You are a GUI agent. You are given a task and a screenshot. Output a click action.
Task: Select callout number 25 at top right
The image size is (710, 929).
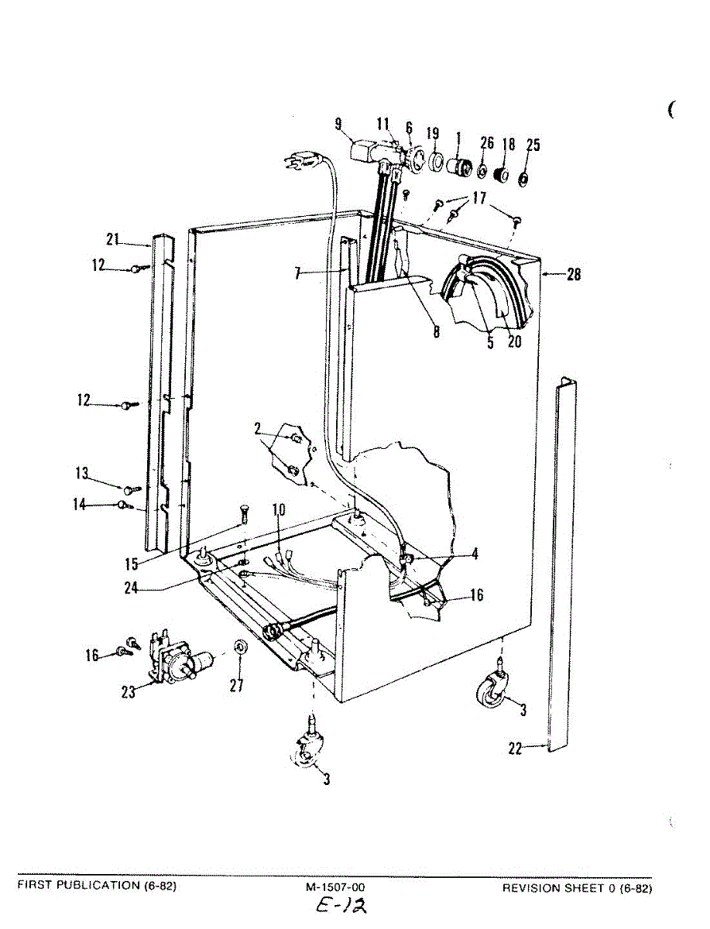click(533, 145)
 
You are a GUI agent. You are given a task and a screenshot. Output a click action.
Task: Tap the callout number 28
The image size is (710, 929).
click(574, 274)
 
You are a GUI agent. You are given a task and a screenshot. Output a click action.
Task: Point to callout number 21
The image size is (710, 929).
click(113, 240)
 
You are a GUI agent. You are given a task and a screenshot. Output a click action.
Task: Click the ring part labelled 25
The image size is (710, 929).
click(523, 179)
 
